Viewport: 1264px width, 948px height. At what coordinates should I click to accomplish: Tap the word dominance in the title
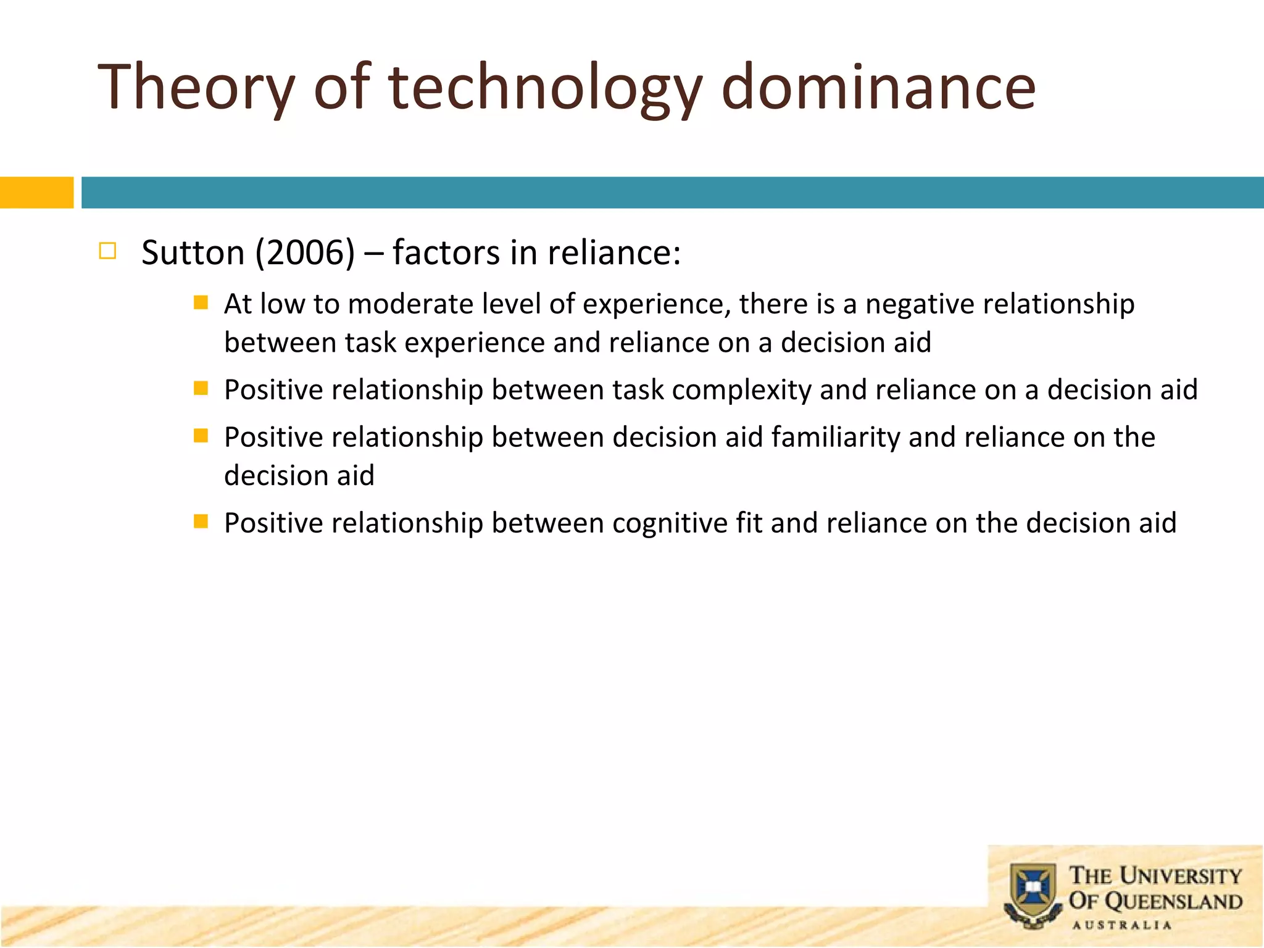click(x=878, y=88)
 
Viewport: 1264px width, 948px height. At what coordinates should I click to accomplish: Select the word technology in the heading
click(x=545, y=88)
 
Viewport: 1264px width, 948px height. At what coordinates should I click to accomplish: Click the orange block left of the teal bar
click(x=36, y=193)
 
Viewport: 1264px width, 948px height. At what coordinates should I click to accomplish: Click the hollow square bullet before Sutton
click(x=107, y=251)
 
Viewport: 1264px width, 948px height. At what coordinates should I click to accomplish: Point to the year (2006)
click(x=306, y=253)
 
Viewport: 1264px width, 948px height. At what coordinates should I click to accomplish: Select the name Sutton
click(x=193, y=253)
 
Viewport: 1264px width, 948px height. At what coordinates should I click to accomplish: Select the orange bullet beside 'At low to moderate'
click(x=201, y=302)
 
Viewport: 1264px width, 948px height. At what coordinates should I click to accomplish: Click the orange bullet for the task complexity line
click(x=201, y=388)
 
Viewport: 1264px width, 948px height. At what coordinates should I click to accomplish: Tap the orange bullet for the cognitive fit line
click(x=201, y=522)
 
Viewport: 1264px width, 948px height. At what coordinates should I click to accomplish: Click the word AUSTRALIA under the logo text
click(x=1121, y=925)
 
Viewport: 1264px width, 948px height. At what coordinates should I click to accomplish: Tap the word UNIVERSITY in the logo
click(x=1180, y=876)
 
